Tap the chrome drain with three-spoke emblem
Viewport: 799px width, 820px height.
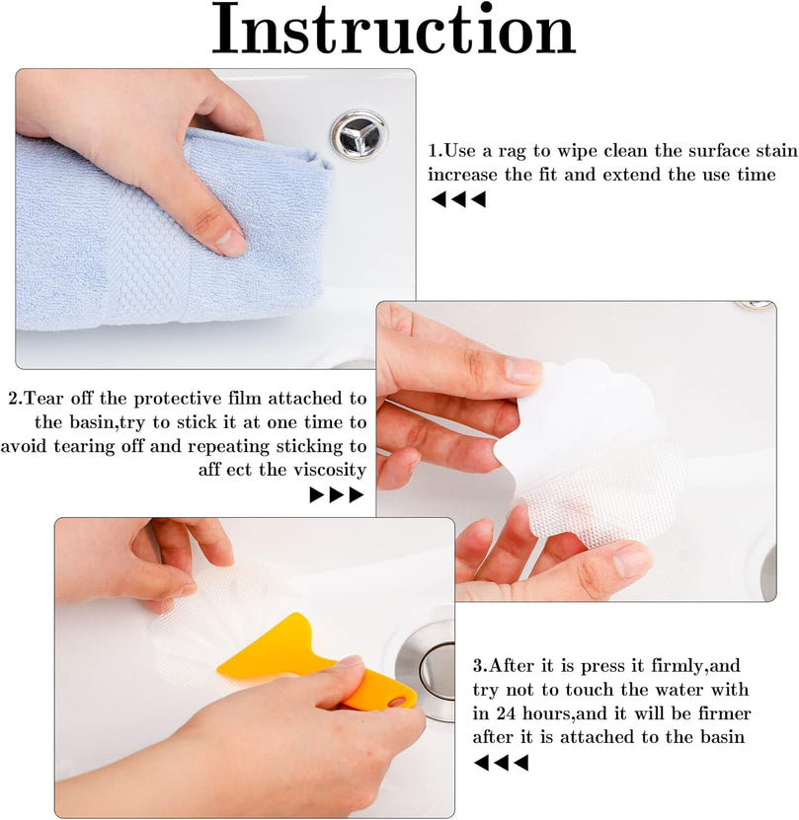pos(359,134)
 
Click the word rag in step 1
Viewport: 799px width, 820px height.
pos(513,152)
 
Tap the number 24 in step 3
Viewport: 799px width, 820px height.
pos(506,713)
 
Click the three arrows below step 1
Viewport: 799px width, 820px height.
pos(458,199)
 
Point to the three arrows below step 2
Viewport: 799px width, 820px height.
pos(336,494)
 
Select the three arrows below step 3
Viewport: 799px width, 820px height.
pos(501,763)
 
